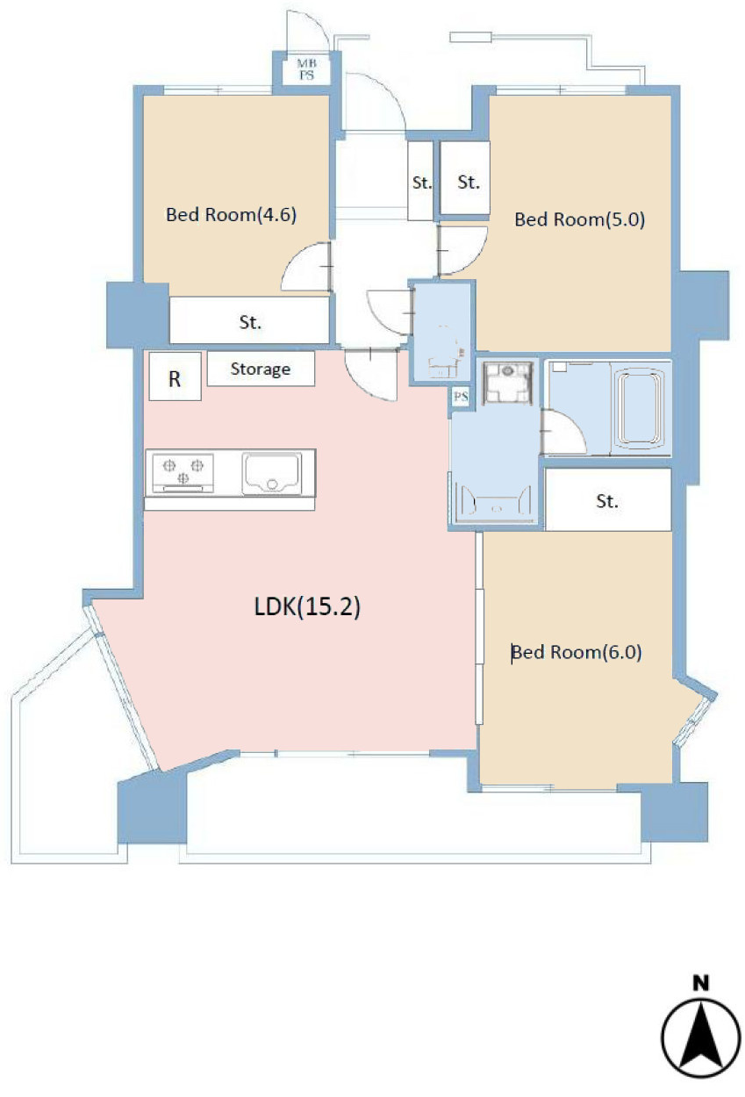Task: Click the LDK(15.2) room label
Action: click(307, 606)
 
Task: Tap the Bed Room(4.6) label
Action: click(231, 214)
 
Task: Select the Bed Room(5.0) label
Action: click(579, 219)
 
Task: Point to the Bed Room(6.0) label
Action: click(576, 652)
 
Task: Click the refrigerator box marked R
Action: click(175, 376)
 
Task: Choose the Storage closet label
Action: click(260, 369)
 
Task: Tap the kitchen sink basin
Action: click(272, 473)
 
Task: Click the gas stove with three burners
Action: click(183, 473)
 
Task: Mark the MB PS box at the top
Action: click(306, 69)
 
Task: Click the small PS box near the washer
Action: click(461, 396)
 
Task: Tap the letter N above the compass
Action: click(701, 983)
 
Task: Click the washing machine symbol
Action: click(507, 383)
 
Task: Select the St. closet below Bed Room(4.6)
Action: click(249, 321)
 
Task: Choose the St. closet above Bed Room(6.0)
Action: click(608, 499)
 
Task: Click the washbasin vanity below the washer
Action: click(494, 499)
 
